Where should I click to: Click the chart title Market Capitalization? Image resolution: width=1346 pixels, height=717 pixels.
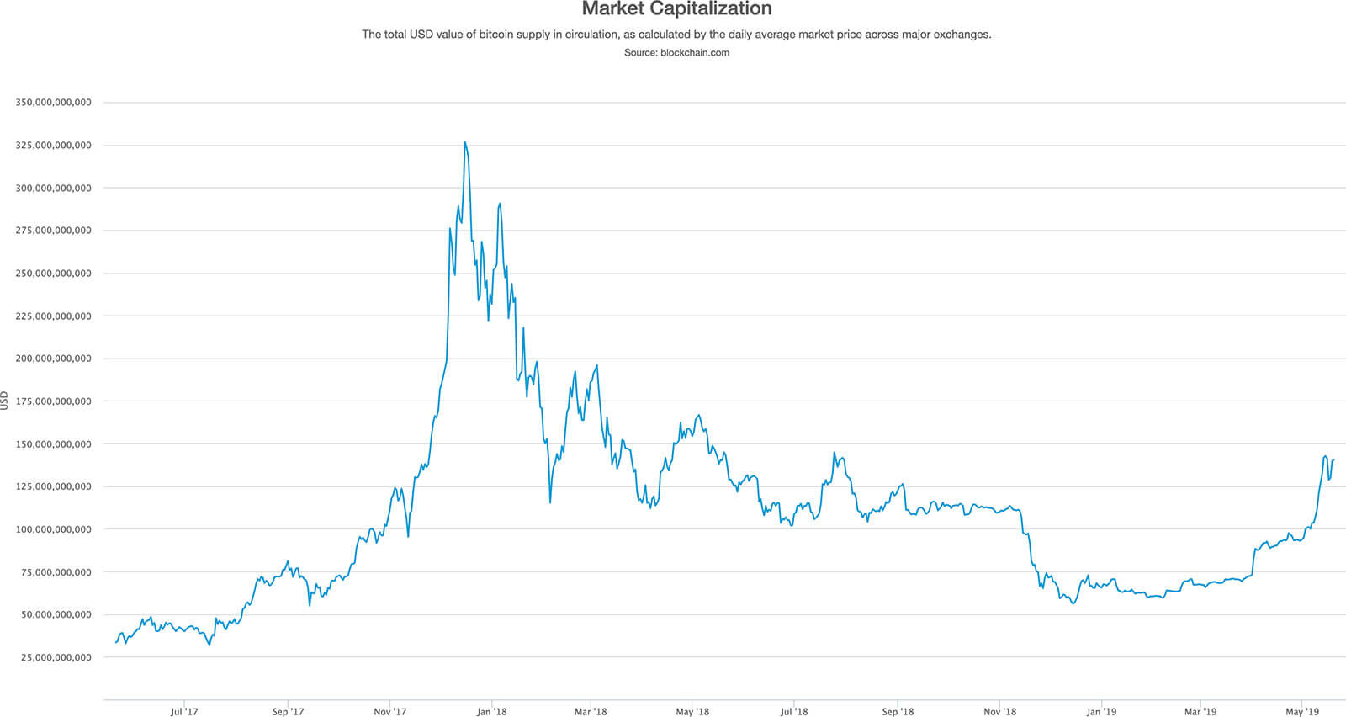click(x=676, y=9)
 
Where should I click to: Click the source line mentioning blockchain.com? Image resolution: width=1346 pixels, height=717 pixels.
click(x=676, y=52)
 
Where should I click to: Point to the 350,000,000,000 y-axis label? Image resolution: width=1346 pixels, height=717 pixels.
click(x=53, y=103)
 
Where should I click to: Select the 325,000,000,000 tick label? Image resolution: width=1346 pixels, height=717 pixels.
click(x=53, y=146)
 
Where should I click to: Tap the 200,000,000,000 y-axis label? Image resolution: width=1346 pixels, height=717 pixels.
click(x=53, y=358)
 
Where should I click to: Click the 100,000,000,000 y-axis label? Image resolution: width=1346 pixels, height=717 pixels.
click(x=53, y=529)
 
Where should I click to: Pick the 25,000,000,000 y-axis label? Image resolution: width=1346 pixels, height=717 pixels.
click(x=56, y=657)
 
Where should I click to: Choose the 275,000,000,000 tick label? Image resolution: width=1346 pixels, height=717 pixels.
click(x=53, y=231)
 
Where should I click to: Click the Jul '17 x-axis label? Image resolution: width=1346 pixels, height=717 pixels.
click(x=184, y=712)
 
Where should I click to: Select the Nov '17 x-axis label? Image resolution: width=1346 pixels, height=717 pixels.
click(x=389, y=712)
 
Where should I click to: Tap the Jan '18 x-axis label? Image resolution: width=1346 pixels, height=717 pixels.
click(x=491, y=712)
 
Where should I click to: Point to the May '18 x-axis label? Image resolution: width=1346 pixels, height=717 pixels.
click(x=692, y=712)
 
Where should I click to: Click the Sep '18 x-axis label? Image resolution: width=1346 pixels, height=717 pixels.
click(x=898, y=712)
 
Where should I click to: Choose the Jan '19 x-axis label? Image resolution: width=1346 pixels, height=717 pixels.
click(x=1101, y=712)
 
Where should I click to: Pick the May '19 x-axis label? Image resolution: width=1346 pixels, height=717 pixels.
click(x=1302, y=712)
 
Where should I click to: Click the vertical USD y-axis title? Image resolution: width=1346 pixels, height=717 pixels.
click(x=5, y=401)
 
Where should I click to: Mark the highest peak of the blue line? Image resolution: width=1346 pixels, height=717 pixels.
click(x=464, y=143)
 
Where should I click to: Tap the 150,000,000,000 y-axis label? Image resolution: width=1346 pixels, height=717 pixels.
click(x=53, y=444)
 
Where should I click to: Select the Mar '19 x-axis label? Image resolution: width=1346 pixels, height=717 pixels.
click(x=1200, y=712)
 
